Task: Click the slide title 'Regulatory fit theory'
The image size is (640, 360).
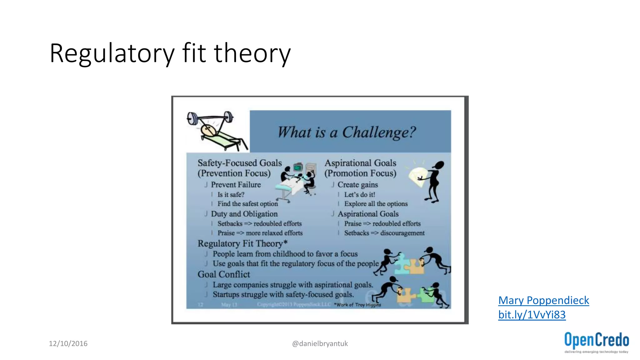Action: (x=170, y=53)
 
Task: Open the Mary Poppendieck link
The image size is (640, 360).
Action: (x=543, y=300)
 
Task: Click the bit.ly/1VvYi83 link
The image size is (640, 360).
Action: (x=532, y=315)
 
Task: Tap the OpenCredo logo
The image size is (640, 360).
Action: (x=596, y=342)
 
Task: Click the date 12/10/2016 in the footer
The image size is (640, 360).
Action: (x=68, y=344)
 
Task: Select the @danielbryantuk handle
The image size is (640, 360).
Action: (x=320, y=344)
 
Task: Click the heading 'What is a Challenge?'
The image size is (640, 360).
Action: (x=347, y=132)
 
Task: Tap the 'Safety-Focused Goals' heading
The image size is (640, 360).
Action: (x=240, y=163)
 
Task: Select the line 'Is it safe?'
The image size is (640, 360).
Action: (x=231, y=195)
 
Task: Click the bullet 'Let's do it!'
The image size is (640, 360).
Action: (x=359, y=195)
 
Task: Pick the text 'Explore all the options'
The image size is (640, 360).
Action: (x=376, y=204)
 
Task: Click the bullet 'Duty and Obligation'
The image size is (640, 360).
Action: (x=244, y=214)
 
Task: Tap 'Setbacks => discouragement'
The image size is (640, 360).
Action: (x=384, y=233)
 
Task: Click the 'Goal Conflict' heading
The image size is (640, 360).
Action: (x=224, y=274)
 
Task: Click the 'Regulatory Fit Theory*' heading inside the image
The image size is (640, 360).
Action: (x=242, y=243)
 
